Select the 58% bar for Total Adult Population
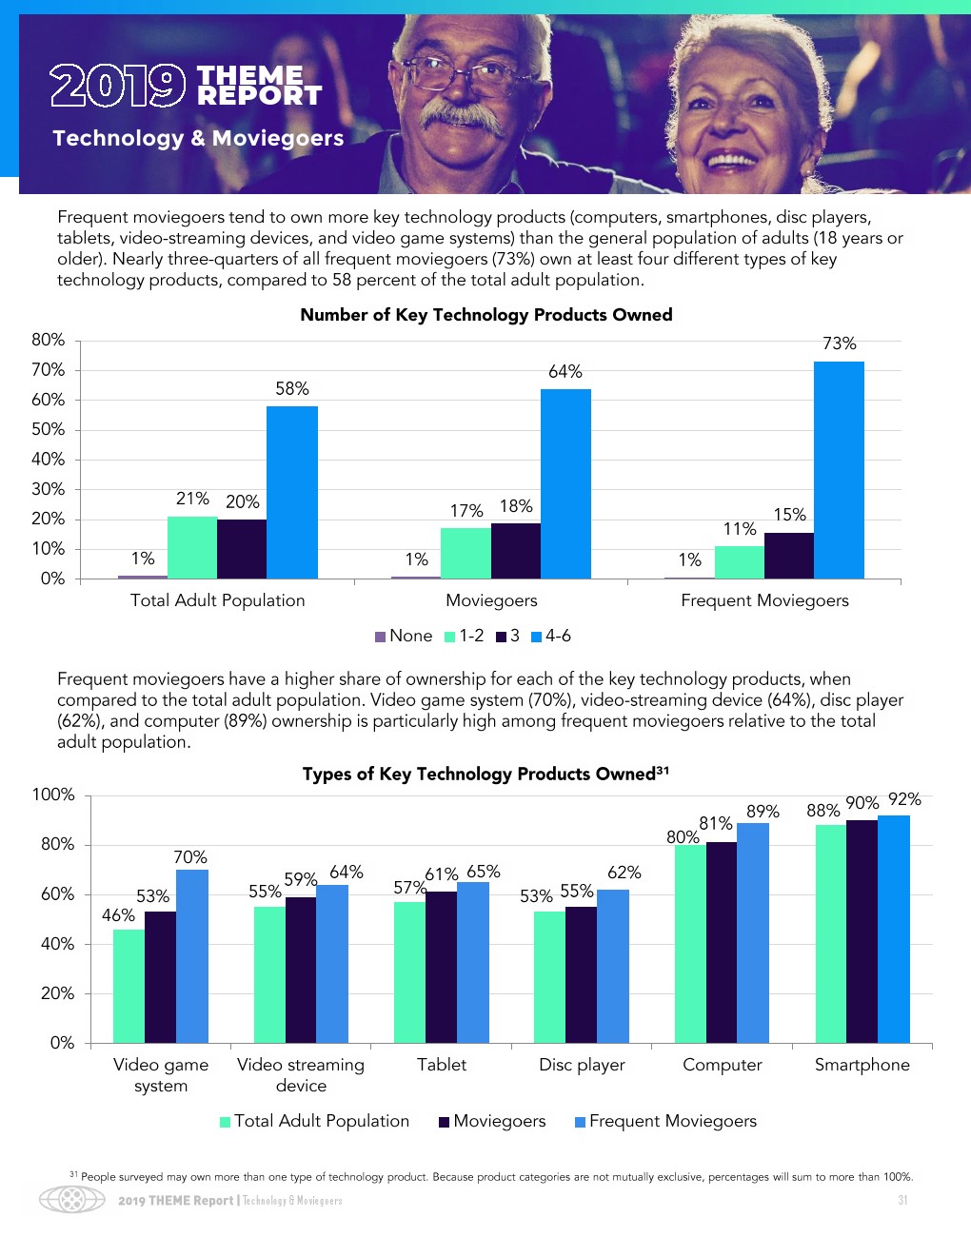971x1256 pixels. pyautogui.click(x=291, y=492)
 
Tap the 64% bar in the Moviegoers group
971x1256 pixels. pyautogui.click(x=565, y=483)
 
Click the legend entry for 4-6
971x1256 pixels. pyautogui.click(x=551, y=636)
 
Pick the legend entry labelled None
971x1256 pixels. pyautogui.click(x=405, y=636)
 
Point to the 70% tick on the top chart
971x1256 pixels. pyautogui.click(x=49, y=370)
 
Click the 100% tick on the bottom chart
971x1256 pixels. pyautogui.click(x=53, y=795)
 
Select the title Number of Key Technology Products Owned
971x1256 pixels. pyautogui.click(x=485, y=315)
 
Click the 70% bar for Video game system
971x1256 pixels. pyautogui.click(x=192, y=956)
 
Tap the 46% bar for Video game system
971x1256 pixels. pyautogui.click(x=129, y=986)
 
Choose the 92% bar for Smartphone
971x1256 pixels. pyautogui.click(x=894, y=929)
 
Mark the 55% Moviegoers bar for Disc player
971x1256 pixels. pyautogui.click(x=581, y=974)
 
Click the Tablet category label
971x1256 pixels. pyautogui.click(x=442, y=1065)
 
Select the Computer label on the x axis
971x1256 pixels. pyautogui.click(x=722, y=1065)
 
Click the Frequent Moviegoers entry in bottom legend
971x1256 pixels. pyautogui.click(x=665, y=1121)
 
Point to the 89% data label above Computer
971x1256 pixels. pyautogui.click(x=763, y=812)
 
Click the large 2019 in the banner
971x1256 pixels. pyautogui.click(x=117, y=86)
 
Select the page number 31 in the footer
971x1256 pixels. pyautogui.click(x=902, y=1201)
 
